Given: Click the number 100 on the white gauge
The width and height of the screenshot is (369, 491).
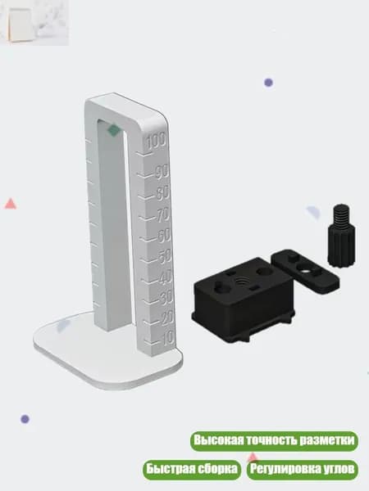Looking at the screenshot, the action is [x=157, y=142].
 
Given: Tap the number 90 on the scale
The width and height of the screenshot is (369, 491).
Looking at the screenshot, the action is [x=162, y=171].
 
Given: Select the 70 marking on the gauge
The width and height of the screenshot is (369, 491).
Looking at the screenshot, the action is [x=163, y=214].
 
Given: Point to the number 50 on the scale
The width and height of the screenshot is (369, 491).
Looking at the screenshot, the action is [x=165, y=256].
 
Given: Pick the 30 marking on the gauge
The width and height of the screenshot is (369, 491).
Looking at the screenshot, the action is [x=166, y=298].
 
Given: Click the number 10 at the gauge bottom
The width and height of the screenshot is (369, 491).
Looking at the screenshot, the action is [x=167, y=338].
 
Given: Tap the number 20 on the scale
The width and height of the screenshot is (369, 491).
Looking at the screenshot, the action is [x=167, y=318].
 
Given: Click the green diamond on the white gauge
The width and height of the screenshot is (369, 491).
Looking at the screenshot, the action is [x=114, y=130].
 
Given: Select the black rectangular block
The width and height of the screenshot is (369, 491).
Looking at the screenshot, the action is [x=244, y=300].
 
